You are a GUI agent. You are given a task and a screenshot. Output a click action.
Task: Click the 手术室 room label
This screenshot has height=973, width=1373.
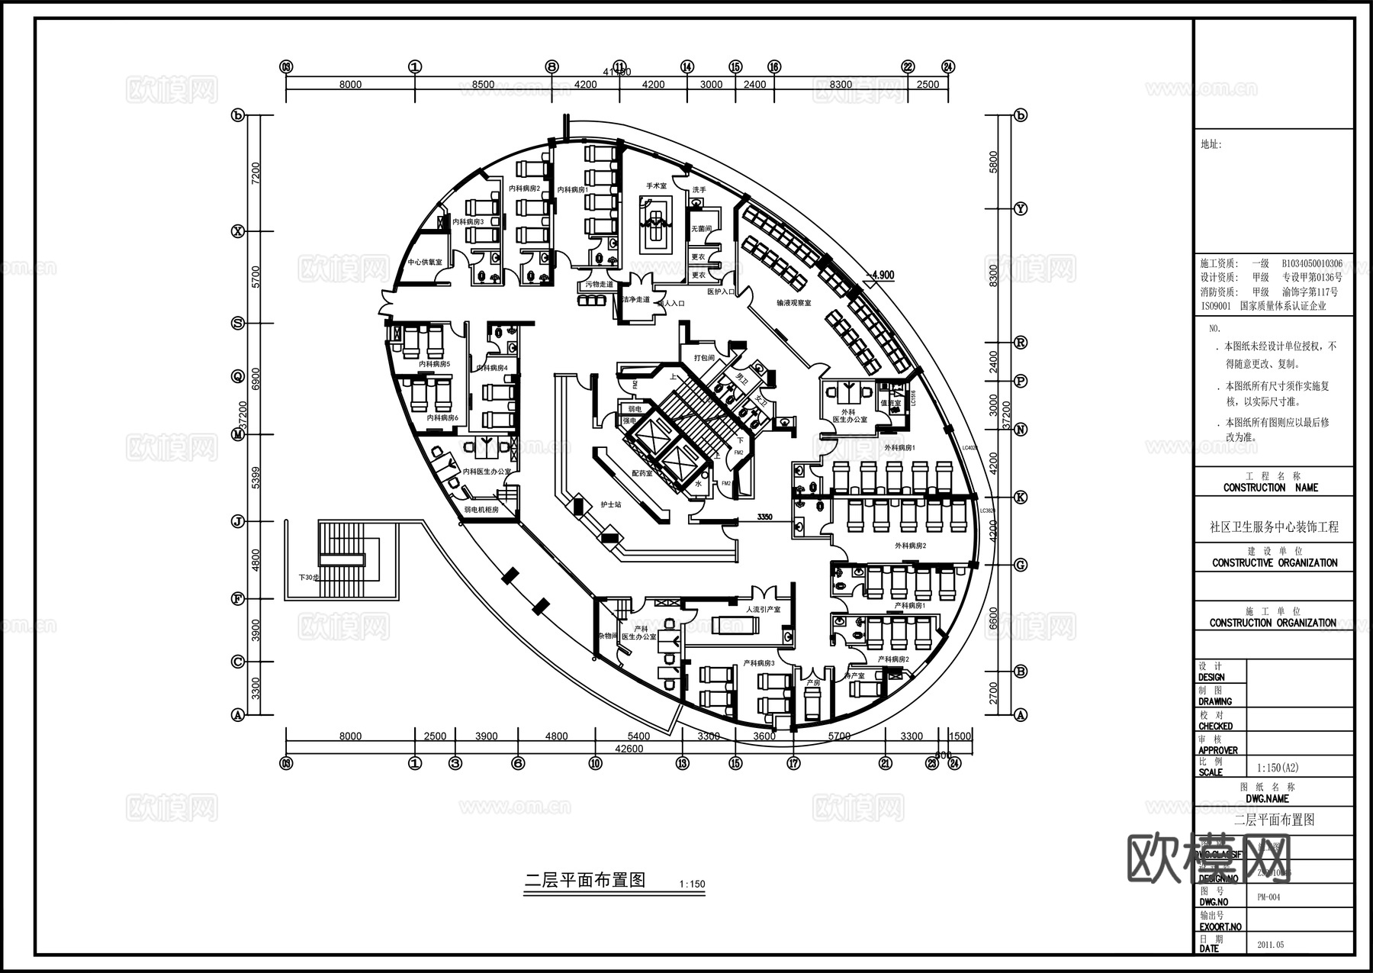point(656,185)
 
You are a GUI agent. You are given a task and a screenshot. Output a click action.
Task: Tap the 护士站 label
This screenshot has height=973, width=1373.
point(611,504)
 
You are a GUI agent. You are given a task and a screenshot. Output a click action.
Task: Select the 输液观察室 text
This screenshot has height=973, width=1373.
point(793,303)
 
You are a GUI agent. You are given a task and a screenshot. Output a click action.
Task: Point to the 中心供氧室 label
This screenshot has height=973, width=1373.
point(425,263)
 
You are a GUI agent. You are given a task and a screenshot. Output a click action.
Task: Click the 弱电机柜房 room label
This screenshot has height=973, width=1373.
point(481,509)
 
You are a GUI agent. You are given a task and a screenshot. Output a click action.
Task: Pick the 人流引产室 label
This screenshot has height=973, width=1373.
point(764,610)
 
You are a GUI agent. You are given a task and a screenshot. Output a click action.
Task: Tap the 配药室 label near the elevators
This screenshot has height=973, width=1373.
point(641,473)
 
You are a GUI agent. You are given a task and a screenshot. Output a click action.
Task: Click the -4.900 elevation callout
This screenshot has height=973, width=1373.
point(882,275)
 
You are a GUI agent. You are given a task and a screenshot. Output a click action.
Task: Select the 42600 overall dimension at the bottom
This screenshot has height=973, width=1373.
point(629,749)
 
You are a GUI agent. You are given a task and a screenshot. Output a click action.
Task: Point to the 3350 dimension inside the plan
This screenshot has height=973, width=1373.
point(764,517)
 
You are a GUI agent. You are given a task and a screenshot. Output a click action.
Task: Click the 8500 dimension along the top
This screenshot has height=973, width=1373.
point(483,85)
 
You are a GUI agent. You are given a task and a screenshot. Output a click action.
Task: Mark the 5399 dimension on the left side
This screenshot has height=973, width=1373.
point(256,478)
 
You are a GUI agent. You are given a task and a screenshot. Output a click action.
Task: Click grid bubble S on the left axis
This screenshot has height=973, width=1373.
point(238,323)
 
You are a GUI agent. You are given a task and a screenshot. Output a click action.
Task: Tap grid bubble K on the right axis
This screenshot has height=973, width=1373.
point(1021,497)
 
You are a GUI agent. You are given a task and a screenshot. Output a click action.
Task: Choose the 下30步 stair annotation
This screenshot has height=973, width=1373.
point(309,578)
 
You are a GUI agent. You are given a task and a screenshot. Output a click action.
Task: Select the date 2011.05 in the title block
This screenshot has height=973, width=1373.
point(1270,945)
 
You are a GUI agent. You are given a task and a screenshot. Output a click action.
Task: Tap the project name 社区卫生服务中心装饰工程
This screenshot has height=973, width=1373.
point(1274,527)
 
